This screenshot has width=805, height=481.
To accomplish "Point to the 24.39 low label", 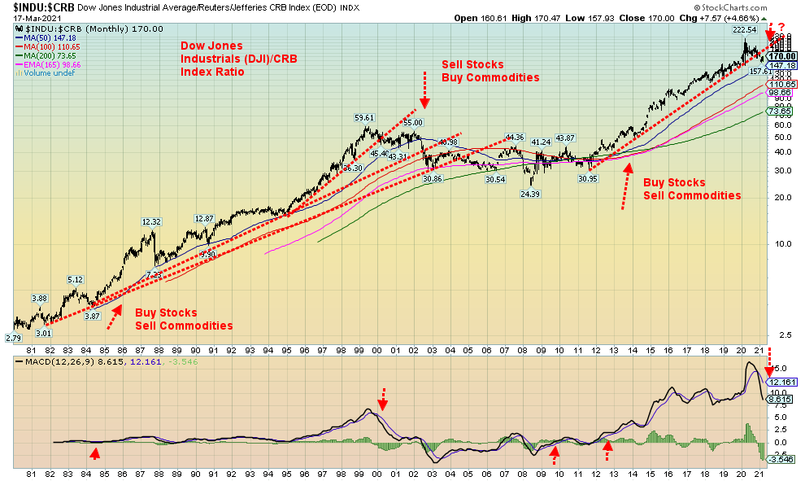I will click(530, 194).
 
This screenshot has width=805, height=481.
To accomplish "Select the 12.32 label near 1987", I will click(152, 221).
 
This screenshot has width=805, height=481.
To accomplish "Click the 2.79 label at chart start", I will click(14, 337).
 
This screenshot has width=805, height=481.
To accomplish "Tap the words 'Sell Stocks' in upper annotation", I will click(472, 64).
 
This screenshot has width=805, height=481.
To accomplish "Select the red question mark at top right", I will click(781, 27).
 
